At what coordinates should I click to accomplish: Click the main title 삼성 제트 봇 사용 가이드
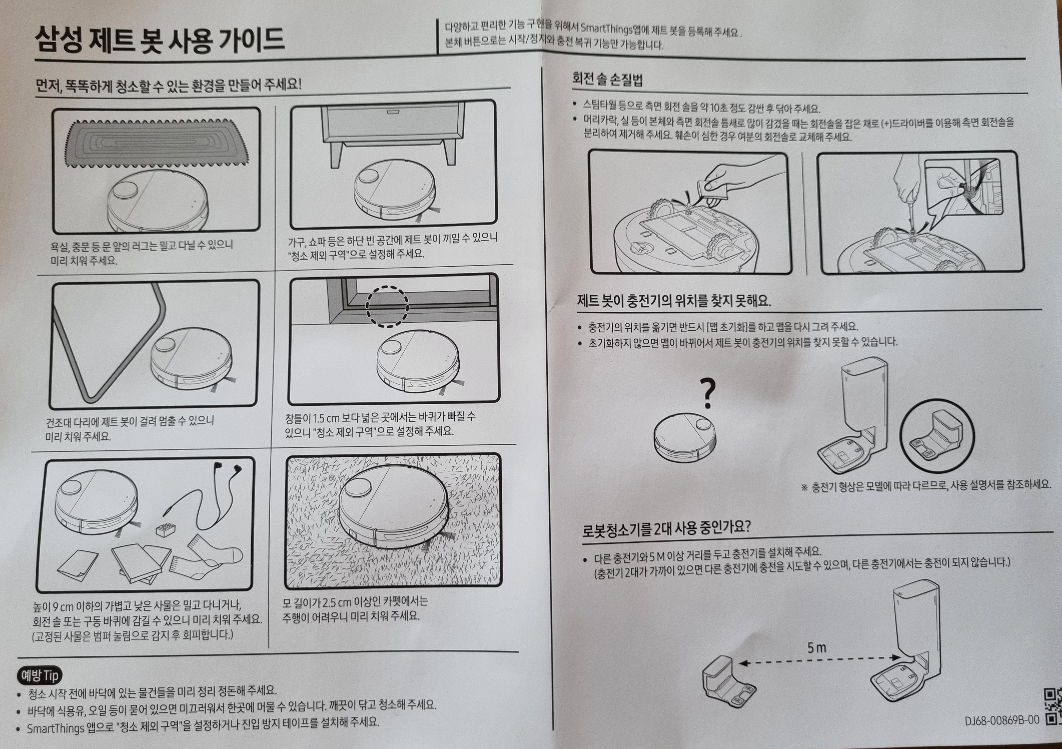pyautogui.click(x=160, y=40)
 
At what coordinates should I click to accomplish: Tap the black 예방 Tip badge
pyautogui.click(x=40, y=676)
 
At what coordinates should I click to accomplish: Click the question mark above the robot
pyautogui.click(x=707, y=394)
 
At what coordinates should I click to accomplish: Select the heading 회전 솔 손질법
pyautogui.click(x=607, y=79)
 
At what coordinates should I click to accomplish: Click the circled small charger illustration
pyautogui.click(x=937, y=435)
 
